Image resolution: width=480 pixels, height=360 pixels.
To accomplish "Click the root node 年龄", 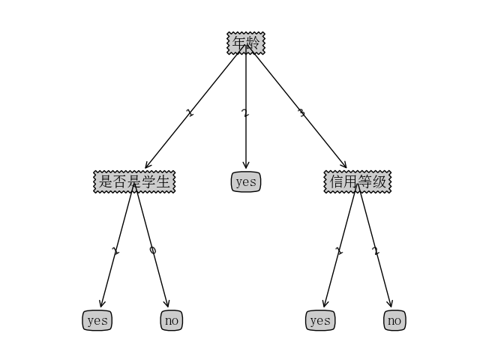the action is [246, 43].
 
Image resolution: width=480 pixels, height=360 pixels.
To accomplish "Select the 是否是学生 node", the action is [134, 181].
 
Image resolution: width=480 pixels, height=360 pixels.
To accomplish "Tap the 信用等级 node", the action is [358, 181].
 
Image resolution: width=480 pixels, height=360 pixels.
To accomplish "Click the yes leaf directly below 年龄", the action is [246, 181].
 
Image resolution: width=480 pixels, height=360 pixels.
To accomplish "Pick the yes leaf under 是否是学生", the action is [97, 320].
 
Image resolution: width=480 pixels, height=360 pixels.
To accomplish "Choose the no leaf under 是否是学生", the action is [172, 320].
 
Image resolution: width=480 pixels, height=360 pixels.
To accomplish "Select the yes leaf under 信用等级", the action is [320, 320].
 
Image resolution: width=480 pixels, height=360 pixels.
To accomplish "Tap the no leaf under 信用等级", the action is [394, 320].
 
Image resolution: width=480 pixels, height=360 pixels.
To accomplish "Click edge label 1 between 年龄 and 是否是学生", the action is [190, 113].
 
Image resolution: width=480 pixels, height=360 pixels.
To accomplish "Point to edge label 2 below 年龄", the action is [245, 113].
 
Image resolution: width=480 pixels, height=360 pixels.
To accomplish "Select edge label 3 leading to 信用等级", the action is [301, 113].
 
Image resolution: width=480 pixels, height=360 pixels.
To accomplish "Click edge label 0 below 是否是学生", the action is [153, 250].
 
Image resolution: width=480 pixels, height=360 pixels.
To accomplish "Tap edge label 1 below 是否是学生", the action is [115, 251].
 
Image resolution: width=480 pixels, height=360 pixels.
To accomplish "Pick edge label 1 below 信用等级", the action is [339, 251].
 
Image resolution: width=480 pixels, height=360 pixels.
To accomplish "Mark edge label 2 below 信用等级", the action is [376, 251].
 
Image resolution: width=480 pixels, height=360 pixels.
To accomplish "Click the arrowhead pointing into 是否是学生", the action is [148, 165].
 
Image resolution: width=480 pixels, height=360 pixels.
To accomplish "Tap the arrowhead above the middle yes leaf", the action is [246, 165].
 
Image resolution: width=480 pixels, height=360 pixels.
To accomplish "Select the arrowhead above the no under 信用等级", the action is [390, 303].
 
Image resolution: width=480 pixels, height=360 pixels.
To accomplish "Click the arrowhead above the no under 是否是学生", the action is [166, 303].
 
